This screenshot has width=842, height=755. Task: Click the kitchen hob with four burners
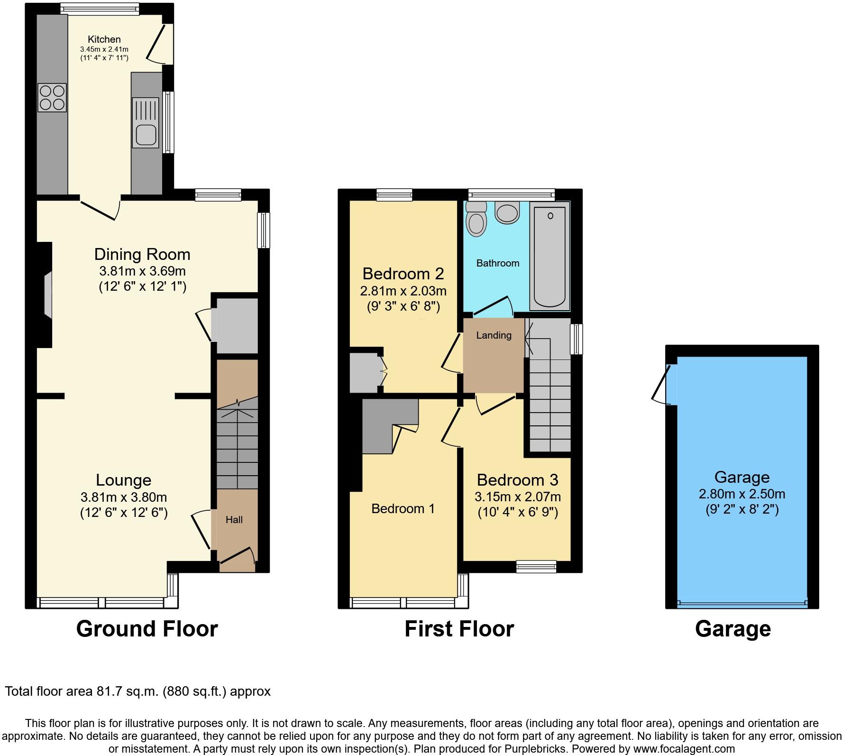52,97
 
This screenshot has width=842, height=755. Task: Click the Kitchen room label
104,39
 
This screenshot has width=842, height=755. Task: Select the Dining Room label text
142,254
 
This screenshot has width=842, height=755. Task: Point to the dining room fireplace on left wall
46,294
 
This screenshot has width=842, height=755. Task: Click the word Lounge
123,480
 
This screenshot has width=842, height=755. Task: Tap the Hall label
234,520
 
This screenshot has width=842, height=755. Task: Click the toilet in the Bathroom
476,220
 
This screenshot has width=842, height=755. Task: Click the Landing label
494,335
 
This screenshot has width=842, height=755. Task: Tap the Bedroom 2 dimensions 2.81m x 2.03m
403,291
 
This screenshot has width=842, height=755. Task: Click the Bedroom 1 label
403,509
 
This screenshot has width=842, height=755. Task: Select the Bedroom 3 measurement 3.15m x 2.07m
517,497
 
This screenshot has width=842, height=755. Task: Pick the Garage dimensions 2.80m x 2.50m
741,494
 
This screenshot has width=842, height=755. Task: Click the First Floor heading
459,629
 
